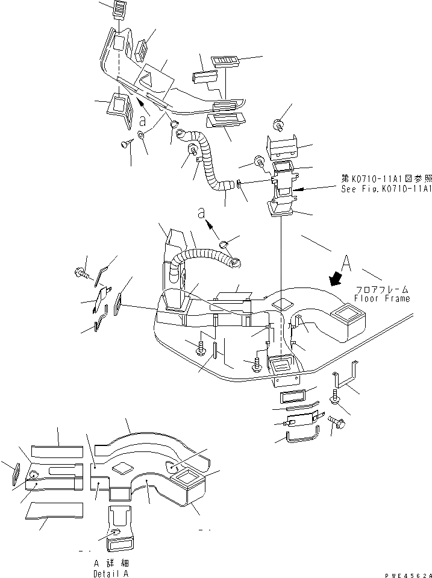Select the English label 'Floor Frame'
pos(381,298)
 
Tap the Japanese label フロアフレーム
pos(381,289)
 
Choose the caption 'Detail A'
pos(111,574)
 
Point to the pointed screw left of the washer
pos(126,143)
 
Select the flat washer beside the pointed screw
pos(142,135)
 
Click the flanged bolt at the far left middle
pos(81,274)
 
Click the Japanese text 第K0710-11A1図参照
pos(386,179)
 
